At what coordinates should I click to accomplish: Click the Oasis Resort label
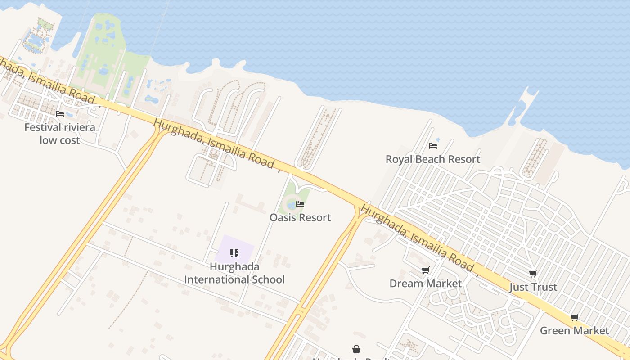(300, 217)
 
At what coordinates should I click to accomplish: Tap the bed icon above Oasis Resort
(300, 204)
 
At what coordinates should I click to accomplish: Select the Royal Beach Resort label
(432, 159)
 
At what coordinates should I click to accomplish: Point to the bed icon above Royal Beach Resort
(433, 146)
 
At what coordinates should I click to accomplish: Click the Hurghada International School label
(234, 273)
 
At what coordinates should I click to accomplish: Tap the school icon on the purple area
(234, 253)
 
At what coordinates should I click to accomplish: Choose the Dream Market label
(425, 283)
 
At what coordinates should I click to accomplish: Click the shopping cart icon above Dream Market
(425, 270)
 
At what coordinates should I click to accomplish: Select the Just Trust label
(533, 287)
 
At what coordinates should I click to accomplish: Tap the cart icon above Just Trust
(533, 274)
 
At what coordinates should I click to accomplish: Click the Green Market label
(574, 331)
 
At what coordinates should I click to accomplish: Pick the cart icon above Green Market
(574, 317)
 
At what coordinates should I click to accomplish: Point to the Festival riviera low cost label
(60, 134)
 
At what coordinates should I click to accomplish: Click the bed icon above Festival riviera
(60, 114)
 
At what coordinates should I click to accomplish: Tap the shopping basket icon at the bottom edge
(356, 349)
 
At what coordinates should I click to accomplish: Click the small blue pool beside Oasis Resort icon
(291, 206)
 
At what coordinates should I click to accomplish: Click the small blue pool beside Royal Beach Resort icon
(438, 140)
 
